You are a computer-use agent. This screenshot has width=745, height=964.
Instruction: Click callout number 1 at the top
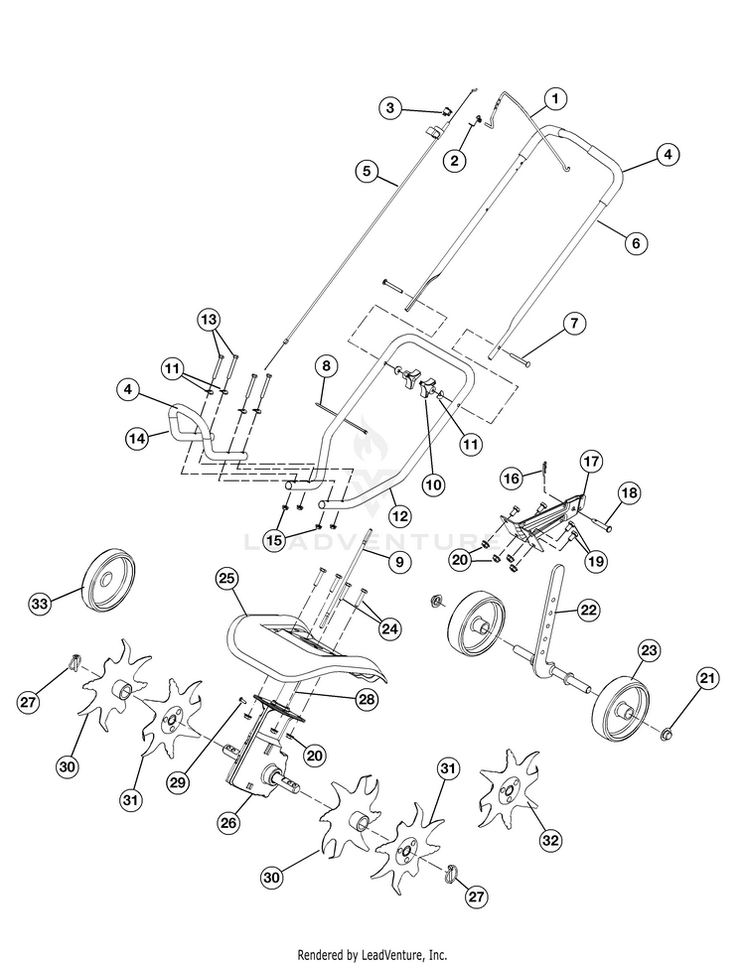click(x=554, y=99)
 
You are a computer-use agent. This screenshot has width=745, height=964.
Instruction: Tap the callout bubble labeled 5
click(x=369, y=172)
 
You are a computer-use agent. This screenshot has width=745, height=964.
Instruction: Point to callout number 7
click(x=575, y=324)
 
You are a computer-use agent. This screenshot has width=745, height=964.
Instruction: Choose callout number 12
click(x=400, y=516)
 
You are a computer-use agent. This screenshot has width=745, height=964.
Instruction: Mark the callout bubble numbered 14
click(x=140, y=437)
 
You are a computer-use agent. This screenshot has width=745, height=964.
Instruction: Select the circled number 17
click(x=591, y=462)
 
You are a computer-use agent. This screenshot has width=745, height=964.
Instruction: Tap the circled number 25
click(x=225, y=579)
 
